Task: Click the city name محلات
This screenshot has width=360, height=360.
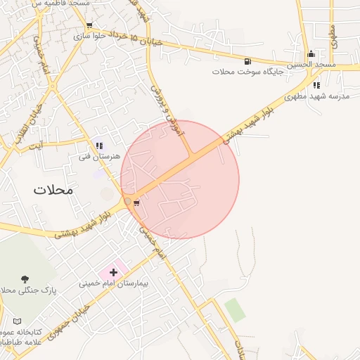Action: (x=53, y=189)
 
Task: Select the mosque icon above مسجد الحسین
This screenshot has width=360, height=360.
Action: (x=311, y=54)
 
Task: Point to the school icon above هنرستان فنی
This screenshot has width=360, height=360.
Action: (x=99, y=146)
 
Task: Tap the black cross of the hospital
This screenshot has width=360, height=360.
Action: (x=113, y=271)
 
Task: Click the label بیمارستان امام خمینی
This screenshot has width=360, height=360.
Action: (x=113, y=284)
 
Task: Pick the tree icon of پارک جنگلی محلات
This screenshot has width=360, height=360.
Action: (x=25, y=279)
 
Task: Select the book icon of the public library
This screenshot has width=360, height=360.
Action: (x=17, y=321)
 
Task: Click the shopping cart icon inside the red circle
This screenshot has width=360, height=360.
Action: (x=136, y=203)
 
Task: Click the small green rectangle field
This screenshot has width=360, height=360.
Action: (x=236, y=310)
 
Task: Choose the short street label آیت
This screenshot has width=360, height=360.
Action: (x=36, y=146)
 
